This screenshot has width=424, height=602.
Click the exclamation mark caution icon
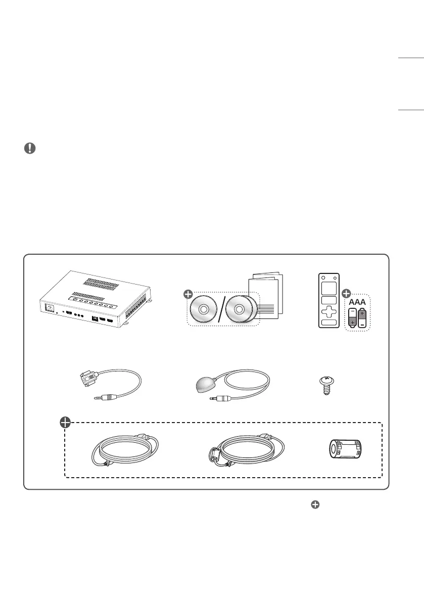coord(30,148)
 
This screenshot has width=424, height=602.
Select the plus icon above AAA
coord(347,292)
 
